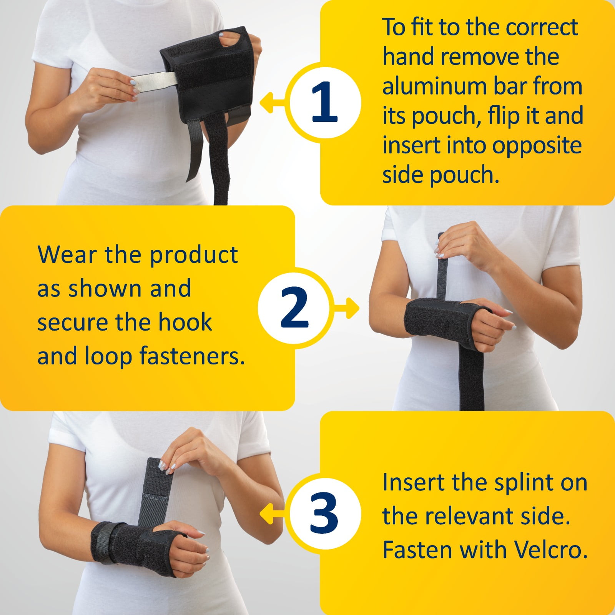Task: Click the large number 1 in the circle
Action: [x=324, y=102]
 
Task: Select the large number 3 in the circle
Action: [x=324, y=513]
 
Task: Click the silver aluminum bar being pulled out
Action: [x=154, y=80]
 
